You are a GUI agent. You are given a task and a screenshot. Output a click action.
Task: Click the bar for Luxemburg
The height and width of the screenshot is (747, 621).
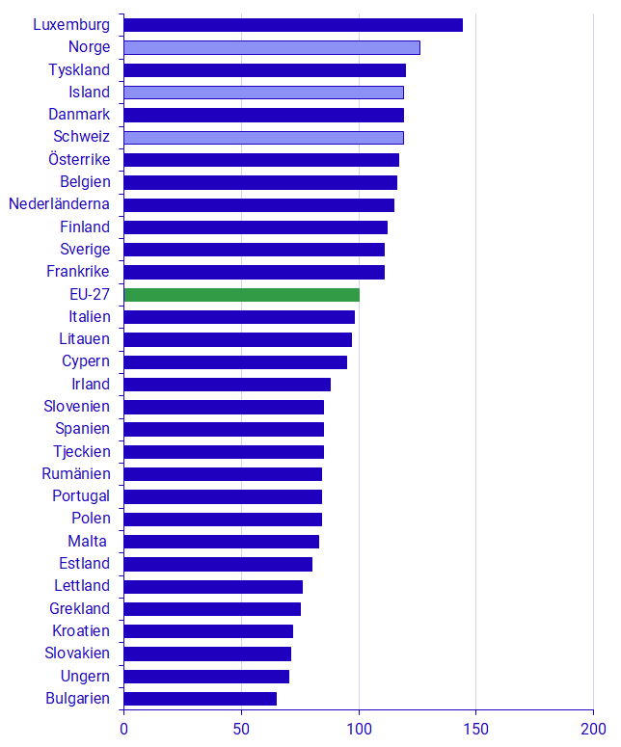pyautogui.click(x=293, y=25)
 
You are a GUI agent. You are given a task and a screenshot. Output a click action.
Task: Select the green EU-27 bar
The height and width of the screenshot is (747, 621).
pyautogui.click(x=241, y=295)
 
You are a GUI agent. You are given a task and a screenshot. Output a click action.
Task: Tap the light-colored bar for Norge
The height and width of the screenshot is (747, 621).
pyautogui.click(x=272, y=47)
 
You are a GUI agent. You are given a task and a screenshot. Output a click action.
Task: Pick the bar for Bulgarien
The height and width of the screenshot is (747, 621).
pyautogui.click(x=200, y=699)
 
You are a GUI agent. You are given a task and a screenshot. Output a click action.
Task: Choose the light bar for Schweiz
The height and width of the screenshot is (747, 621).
pyautogui.click(x=263, y=137)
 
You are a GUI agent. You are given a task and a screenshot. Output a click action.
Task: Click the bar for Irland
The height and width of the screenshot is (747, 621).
pyautogui.click(x=227, y=385)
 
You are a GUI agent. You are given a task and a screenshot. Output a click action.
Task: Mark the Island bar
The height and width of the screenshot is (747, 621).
pyautogui.click(x=263, y=93)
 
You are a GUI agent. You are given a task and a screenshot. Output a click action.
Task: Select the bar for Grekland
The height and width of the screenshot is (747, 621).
pyautogui.click(x=212, y=609)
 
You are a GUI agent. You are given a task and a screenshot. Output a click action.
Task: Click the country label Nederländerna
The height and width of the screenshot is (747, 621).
pyautogui.click(x=60, y=204)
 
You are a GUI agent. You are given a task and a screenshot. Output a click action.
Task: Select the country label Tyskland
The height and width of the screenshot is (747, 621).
pyautogui.click(x=79, y=69)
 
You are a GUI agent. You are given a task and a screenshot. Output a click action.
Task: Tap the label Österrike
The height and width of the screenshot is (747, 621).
pyautogui.click(x=79, y=159)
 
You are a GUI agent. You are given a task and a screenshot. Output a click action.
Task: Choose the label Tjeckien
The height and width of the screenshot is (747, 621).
pyautogui.click(x=82, y=451)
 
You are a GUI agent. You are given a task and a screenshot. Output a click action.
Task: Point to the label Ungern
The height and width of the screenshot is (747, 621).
pyautogui.click(x=85, y=676)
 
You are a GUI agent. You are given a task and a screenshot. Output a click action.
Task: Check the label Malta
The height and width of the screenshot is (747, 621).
pyautogui.click(x=89, y=541)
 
